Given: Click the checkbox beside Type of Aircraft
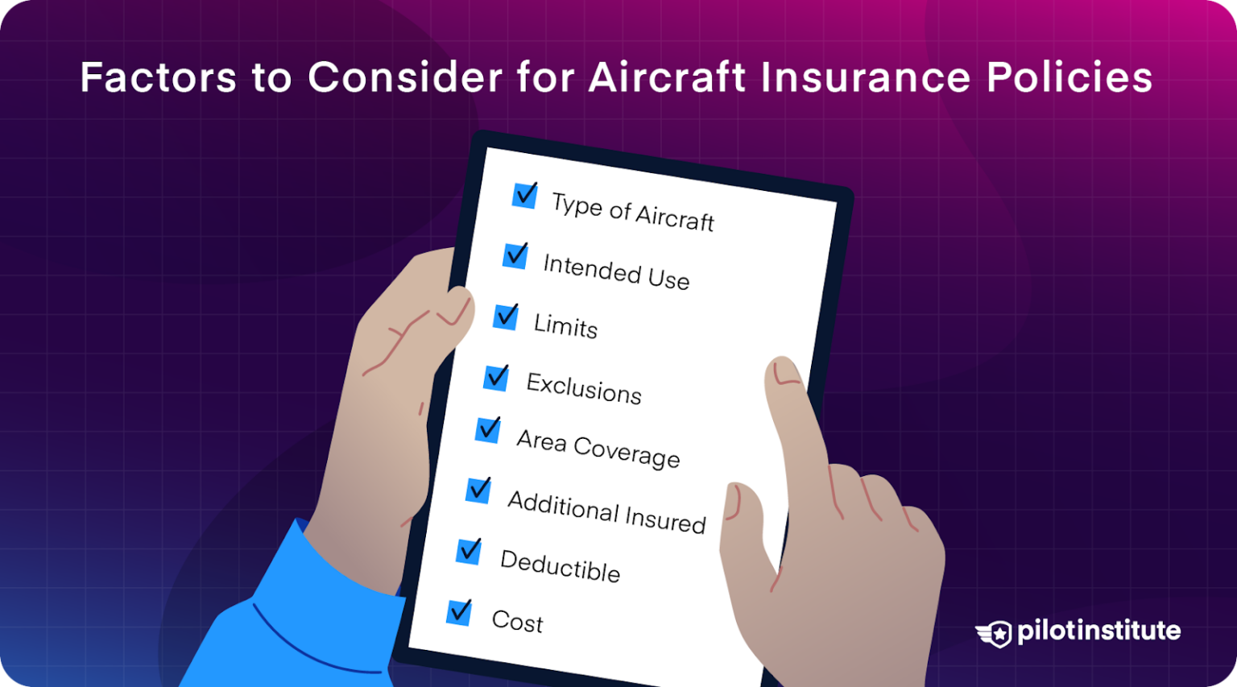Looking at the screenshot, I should tap(525, 195).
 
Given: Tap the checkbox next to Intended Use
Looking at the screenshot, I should tap(515, 255).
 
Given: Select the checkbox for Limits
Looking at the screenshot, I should tap(506, 317).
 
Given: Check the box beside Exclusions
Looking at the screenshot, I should tap(496, 377).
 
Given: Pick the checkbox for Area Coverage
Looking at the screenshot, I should tap(488, 430).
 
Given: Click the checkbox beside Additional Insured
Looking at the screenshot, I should tap(478, 490).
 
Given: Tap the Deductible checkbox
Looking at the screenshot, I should tap(469, 551).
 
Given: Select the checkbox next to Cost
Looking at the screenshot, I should tap(459, 612).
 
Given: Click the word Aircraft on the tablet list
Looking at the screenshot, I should tap(675, 217).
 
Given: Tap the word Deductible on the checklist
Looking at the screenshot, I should tap(561, 565).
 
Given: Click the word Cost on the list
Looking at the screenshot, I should tap(518, 621).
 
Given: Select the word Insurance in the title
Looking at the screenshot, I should tap(865, 77).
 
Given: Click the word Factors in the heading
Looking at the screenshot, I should tap(158, 77).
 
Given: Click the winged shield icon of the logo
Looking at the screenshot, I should tap(995, 634).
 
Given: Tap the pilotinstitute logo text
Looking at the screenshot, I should tap(1098, 631).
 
